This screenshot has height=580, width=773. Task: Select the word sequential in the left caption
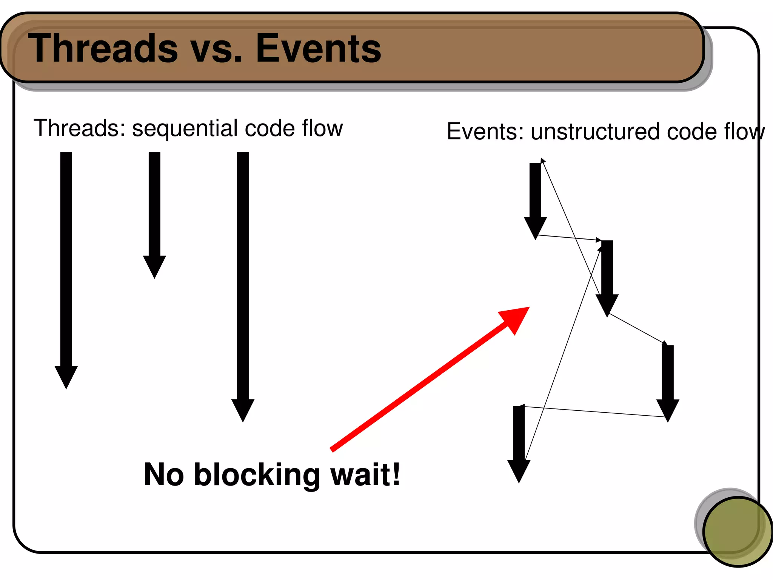[185, 128]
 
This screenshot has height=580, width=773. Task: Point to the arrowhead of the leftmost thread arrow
[66, 376]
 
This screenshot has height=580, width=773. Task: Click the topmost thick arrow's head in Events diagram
[535, 227]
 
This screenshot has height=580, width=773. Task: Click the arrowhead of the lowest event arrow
[519, 470]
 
